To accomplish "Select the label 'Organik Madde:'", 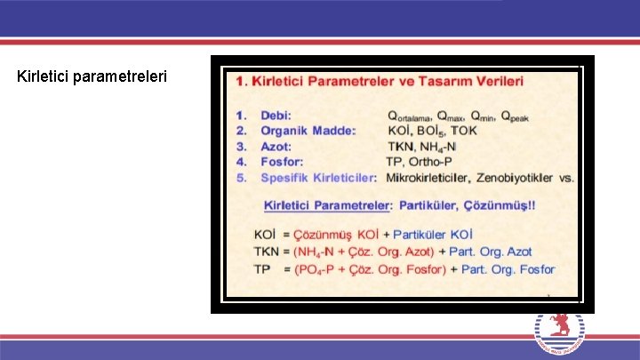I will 308,131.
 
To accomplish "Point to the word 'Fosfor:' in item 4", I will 282,162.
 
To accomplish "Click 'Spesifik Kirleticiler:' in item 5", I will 318,178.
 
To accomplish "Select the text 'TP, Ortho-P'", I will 419,162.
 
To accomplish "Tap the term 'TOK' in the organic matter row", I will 462,131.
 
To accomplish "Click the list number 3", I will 241,146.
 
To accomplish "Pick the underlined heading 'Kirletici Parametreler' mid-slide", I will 327,205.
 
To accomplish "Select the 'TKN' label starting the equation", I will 266,252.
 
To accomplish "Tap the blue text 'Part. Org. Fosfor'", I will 508,268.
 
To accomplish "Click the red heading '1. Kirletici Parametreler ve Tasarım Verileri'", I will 380,81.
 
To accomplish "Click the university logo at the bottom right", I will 559,335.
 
